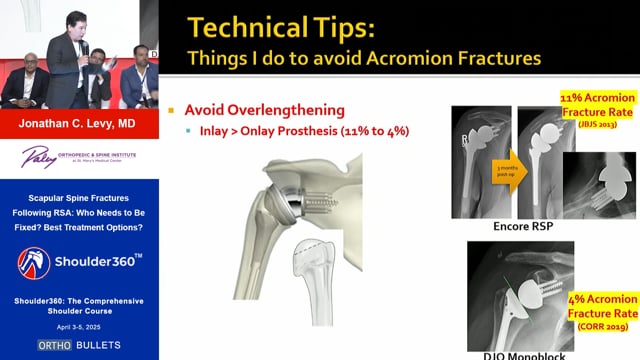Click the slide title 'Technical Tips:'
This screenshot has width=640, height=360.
pos(281,28)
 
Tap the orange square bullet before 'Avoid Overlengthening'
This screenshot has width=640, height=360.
pos(171,110)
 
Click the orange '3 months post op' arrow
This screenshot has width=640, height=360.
pos(509,172)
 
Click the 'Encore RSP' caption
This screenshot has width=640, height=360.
pos(523,226)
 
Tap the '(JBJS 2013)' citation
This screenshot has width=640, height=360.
pos(597,124)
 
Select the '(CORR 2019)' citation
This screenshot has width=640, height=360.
pos(603,326)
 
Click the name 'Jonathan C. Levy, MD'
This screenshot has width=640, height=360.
pos(77,124)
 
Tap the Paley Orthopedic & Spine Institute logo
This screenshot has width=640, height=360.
pos(79,157)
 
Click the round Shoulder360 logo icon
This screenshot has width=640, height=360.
pos(33,263)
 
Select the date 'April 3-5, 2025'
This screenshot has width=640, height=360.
pos(78,327)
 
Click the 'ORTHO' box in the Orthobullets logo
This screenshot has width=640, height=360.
pos(54,345)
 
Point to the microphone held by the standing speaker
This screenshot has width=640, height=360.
pos(85,48)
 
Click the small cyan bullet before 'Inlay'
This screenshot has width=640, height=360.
pos(188,131)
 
